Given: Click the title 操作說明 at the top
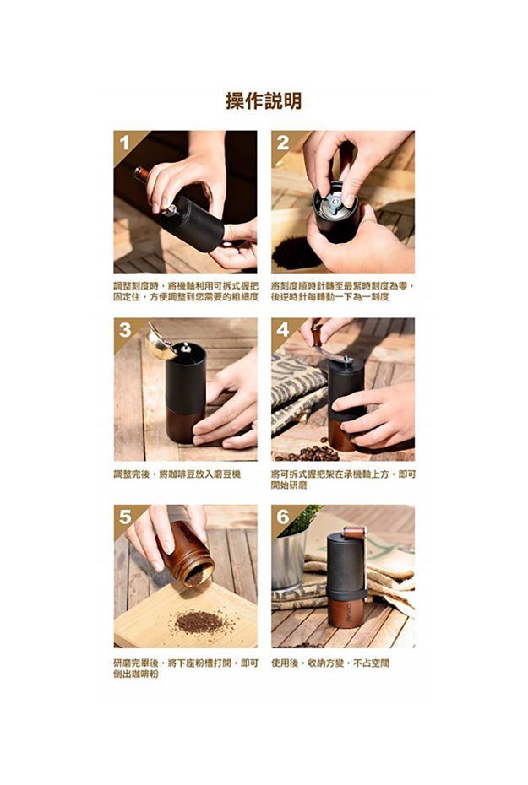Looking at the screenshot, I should click(264, 102).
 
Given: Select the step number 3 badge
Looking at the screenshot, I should click(124, 330).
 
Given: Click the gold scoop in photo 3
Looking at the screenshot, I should click(161, 343).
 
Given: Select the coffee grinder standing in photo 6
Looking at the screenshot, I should click(346, 582).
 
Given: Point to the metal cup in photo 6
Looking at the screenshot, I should click(288, 561).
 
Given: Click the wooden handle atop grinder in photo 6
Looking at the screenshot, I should click(355, 532).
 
